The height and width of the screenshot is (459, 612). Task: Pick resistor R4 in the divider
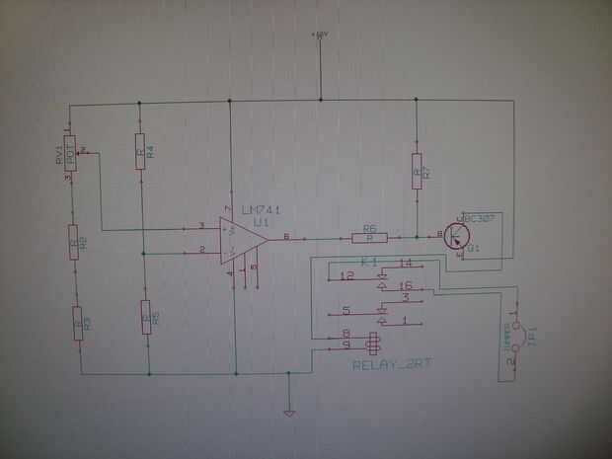point(140,151)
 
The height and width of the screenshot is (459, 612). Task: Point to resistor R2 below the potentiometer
point(75,241)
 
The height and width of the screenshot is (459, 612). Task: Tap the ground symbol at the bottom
point(288,413)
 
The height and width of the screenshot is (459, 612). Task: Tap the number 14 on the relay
point(406,263)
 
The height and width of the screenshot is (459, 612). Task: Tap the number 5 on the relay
point(345,310)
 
